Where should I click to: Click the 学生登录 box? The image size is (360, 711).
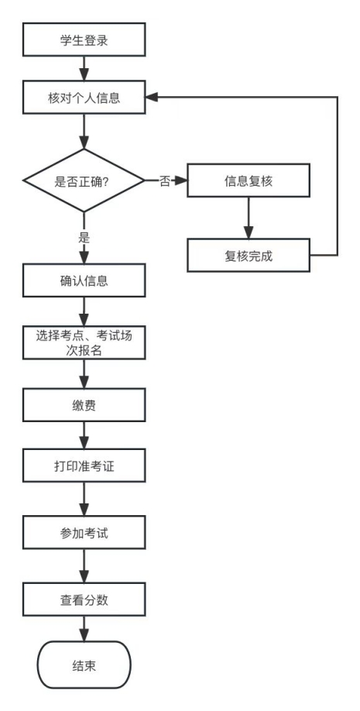pos(84,39)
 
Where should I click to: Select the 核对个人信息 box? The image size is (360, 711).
pos(84,99)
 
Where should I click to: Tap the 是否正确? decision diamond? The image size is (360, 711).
pos(84,181)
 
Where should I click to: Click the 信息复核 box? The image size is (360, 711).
pos(248,181)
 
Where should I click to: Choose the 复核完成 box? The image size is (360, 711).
pos(248,256)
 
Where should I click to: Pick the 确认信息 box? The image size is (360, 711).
pos(84,280)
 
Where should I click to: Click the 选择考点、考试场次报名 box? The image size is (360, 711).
pos(84,342)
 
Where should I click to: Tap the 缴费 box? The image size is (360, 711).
pos(84,404)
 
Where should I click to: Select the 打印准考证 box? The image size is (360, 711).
pos(84,467)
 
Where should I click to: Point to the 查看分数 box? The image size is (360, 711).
pos(84,599)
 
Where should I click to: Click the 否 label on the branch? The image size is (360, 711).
pos(164,182)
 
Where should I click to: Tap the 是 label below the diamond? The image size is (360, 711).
pos(84,238)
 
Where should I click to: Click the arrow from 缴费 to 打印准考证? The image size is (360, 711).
pos(84,435)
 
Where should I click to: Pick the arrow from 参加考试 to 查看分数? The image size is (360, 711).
pos(84,567)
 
